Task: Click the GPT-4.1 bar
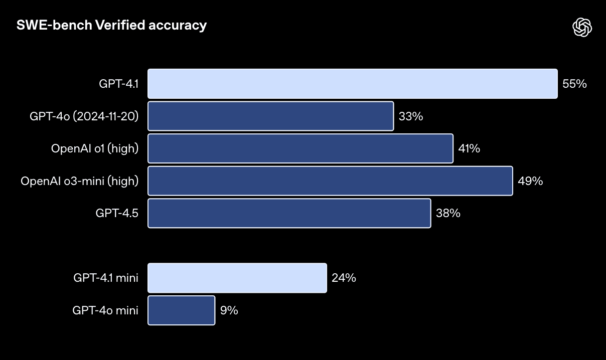[352, 84]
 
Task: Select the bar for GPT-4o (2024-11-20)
[270, 116]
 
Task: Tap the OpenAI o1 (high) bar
[300, 148]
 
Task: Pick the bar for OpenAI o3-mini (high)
[330, 181]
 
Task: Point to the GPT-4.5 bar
[289, 213]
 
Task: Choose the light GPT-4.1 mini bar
[237, 278]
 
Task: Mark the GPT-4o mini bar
[181, 310]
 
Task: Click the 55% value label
[574, 84]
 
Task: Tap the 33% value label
[411, 116]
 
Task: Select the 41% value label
[469, 148]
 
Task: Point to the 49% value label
[530, 181]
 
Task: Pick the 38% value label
[448, 213]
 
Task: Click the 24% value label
[344, 278]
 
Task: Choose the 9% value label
[229, 310]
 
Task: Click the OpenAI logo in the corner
[582, 27]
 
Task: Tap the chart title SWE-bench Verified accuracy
[111, 25]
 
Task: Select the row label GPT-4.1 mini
[105, 278]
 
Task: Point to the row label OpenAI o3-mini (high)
[79, 181]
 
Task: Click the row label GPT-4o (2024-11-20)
[84, 116]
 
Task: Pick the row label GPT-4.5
[117, 213]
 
